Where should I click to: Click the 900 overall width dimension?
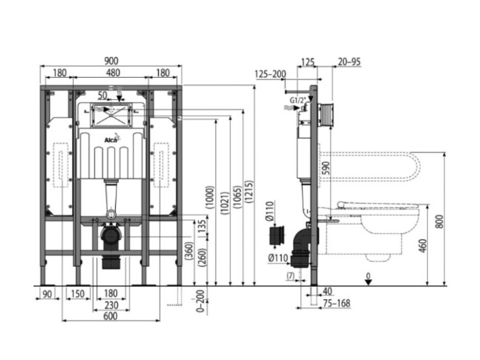pos(112,60)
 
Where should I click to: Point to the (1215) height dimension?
pos(248,191)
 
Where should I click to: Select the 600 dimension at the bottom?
pos(110,316)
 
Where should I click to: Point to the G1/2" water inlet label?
pos(299,100)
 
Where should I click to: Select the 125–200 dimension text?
pos(270,74)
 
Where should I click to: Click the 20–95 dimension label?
pos(349,61)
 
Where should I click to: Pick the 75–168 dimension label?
pos(337,303)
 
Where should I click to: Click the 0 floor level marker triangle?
pos(368,281)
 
